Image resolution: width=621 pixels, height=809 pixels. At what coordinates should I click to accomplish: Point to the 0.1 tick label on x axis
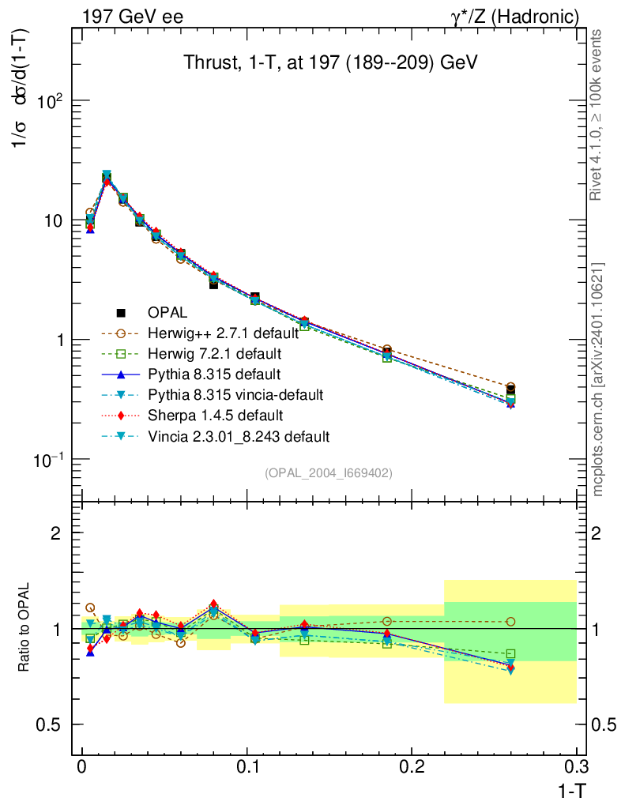(x=247, y=767)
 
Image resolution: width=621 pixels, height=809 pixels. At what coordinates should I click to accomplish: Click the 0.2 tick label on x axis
(x=412, y=767)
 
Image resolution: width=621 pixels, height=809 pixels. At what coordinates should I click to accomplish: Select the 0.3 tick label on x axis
(x=577, y=767)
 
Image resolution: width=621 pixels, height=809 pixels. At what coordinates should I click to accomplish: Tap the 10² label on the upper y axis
(x=49, y=101)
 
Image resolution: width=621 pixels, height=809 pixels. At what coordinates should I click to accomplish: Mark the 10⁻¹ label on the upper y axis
(x=47, y=459)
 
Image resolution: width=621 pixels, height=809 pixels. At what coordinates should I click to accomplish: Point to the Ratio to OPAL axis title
(x=24, y=629)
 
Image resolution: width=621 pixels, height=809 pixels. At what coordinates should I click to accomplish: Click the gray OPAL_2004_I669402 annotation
(x=328, y=472)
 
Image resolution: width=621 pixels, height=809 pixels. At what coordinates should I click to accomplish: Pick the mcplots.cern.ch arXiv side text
(x=598, y=380)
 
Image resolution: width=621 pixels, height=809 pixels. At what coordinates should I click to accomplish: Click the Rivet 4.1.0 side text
(x=598, y=115)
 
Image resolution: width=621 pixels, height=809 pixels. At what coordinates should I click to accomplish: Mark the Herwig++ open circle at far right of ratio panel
(x=510, y=622)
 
